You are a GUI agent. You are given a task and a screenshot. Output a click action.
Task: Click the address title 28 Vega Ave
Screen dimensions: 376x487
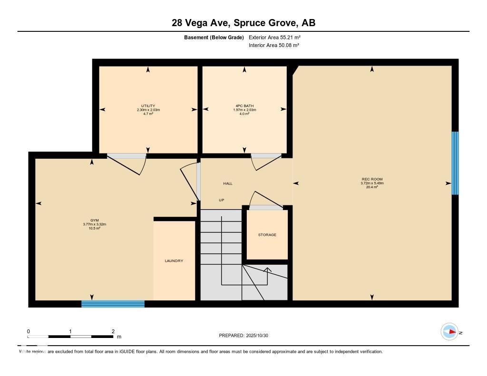pos(243,23)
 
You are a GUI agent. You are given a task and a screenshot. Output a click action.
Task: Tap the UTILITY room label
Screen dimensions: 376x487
pos(148,106)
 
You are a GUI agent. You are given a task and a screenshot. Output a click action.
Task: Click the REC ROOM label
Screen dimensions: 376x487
pos(372,179)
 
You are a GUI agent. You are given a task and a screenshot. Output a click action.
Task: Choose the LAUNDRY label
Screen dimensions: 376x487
pos(174,261)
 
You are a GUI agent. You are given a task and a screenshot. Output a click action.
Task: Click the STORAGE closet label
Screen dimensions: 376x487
pos(267,235)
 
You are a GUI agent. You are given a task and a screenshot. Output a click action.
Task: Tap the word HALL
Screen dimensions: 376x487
pos(228,183)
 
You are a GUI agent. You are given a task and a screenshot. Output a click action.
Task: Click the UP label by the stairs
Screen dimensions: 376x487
pos(221,200)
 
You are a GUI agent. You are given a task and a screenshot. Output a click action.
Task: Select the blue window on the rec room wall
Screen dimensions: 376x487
pos(455,163)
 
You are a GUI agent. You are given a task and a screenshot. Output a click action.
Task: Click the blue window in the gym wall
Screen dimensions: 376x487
pos(113,304)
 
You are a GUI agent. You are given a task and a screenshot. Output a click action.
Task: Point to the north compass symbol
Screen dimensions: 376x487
pos(449,332)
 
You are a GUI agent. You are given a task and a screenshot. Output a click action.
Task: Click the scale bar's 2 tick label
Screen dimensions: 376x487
pos(113,331)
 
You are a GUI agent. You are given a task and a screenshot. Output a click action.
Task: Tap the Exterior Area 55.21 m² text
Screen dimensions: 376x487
pos(274,37)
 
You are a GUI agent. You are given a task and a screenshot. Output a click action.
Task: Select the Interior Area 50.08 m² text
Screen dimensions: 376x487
pos(274,45)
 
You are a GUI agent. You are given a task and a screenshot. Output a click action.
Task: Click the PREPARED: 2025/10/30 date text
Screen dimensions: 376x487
pos(243,336)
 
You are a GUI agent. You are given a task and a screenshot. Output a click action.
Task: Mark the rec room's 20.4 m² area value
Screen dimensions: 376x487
pos(372,187)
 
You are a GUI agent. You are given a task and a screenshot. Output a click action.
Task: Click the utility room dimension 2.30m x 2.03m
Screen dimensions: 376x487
pos(148,110)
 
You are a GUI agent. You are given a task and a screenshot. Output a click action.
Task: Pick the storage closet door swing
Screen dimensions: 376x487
pos(261,199)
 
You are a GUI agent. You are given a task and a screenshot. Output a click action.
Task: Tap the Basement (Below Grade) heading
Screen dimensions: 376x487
pos(214,37)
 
